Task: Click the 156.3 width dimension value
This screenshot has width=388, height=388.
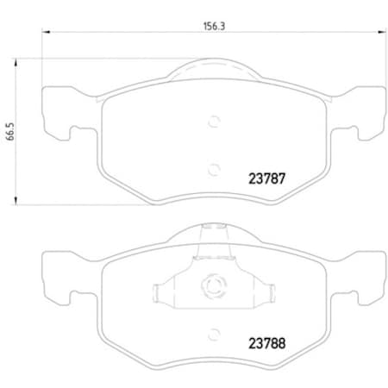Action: coord(212,26)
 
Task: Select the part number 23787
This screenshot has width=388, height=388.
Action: coord(266,181)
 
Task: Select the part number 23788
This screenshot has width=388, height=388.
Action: coord(266,341)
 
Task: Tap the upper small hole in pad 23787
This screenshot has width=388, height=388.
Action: coord(213,122)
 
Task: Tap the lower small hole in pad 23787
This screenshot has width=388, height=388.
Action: coord(213,167)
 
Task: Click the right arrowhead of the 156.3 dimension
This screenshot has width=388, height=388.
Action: coord(379,34)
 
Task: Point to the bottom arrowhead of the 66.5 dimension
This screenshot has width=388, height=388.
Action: coord(19,203)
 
